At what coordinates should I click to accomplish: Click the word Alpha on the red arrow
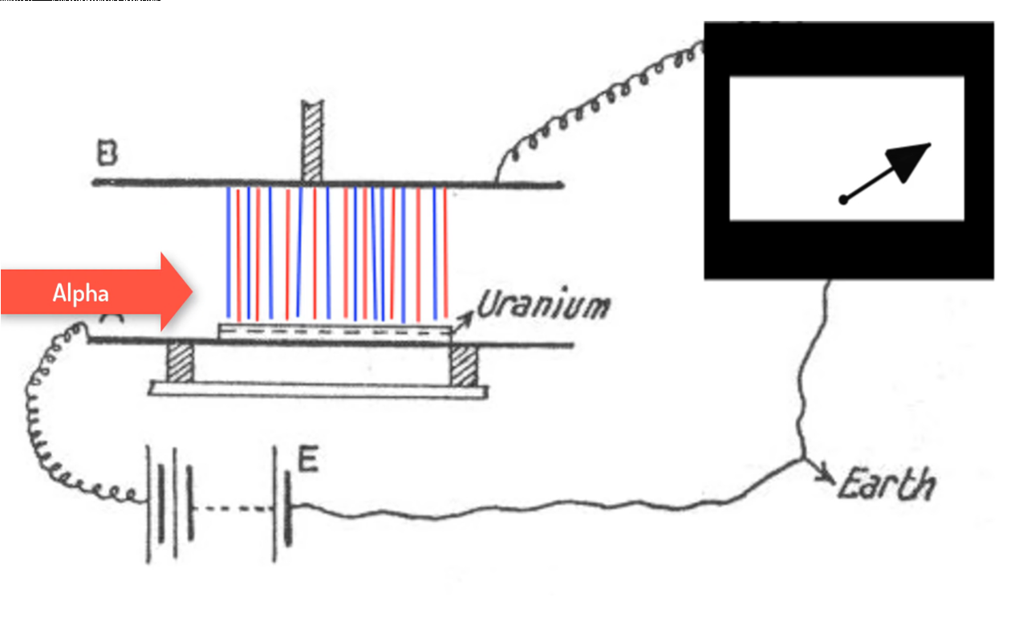coord(80,293)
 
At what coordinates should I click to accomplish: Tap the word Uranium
coord(543,306)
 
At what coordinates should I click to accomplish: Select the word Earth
coord(887,485)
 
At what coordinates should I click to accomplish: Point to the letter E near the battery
coord(307,461)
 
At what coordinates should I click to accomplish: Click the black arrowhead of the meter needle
coord(910,160)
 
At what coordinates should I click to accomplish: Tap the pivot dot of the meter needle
coord(842,200)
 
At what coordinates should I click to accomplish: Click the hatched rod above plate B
coord(311,140)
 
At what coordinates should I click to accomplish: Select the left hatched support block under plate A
coord(180,364)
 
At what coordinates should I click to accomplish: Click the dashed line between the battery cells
coord(233,508)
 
